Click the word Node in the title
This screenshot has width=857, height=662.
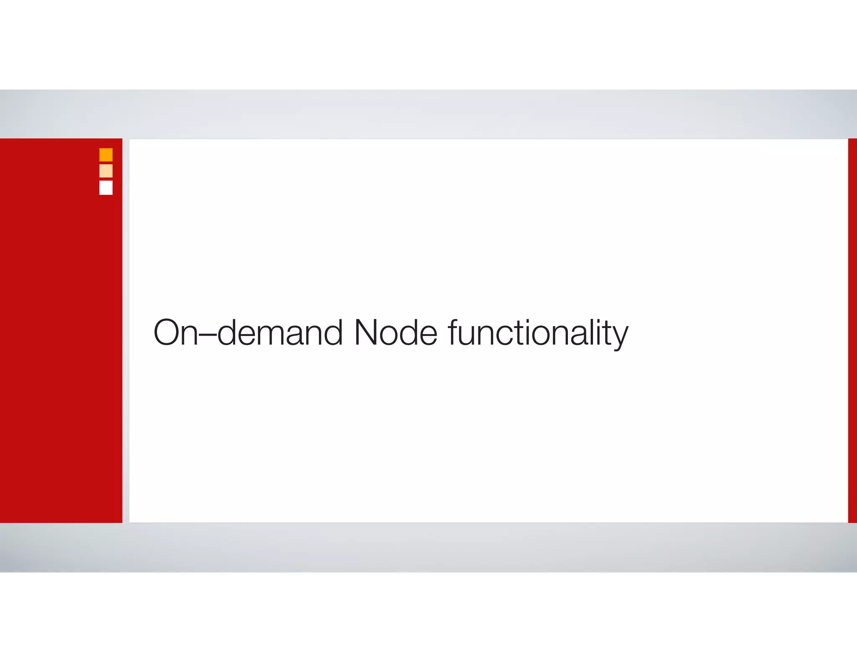(395, 333)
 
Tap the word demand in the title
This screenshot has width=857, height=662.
(280, 333)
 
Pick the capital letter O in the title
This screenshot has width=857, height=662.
(167, 333)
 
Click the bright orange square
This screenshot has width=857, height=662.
(106, 155)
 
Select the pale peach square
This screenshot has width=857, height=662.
(106, 171)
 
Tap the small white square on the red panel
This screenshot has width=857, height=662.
(106, 187)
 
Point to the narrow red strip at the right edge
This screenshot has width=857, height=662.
(852, 331)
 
